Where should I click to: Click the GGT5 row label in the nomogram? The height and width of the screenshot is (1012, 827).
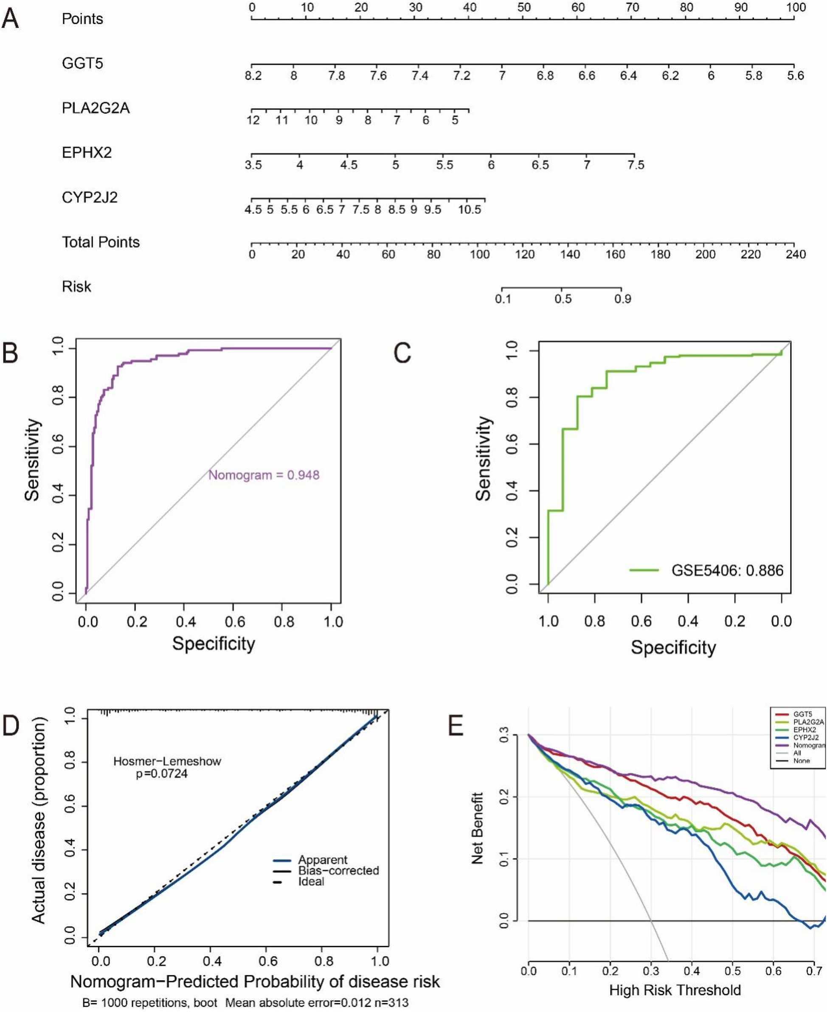pyautogui.click(x=82, y=63)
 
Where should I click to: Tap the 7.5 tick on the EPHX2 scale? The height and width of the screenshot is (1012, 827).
pyautogui.click(x=636, y=165)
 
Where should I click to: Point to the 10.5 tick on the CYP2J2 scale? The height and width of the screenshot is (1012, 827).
pyautogui.click(x=469, y=210)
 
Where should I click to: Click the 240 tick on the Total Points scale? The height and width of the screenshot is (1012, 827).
pyautogui.click(x=795, y=254)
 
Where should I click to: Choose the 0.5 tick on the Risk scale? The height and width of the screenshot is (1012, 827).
pyautogui.click(x=563, y=299)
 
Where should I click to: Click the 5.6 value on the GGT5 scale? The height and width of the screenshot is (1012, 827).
pyautogui.click(x=795, y=76)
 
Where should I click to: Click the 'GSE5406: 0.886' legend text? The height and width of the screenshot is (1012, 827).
pyautogui.click(x=727, y=570)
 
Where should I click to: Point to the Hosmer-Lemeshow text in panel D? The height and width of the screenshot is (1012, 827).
pyautogui.click(x=167, y=761)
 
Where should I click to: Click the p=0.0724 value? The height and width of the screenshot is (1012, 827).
pyautogui.click(x=162, y=774)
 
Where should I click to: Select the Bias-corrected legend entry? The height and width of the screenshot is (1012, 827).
pyautogui.click(x=338, y=870)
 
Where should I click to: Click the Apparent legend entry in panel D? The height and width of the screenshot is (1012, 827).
pyautogui.click(x=323, y=860)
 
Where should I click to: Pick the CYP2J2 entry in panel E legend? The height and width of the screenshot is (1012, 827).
pyautogui.click(x=806, y=737)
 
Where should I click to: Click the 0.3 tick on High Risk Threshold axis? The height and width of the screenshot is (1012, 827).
pyautogui.click(x=651, y=970)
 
